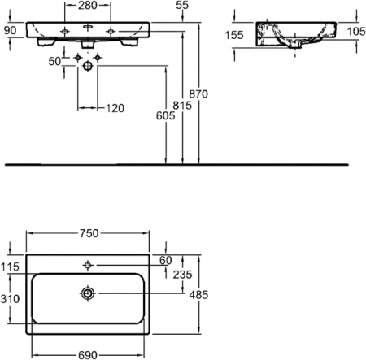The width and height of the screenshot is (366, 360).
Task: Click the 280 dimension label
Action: click(89, 7)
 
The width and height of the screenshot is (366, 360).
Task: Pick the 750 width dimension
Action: click(88, 232)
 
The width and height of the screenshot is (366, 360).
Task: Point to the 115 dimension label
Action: click(11, 267)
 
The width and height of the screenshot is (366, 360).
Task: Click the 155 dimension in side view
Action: click(236, 37)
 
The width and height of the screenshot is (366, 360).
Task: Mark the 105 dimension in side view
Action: click(355, 31)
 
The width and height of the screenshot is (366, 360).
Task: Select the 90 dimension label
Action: click(9, 31)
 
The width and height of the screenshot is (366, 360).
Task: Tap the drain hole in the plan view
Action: click(87, 293)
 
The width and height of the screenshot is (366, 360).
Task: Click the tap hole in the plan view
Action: click(87, 265)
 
